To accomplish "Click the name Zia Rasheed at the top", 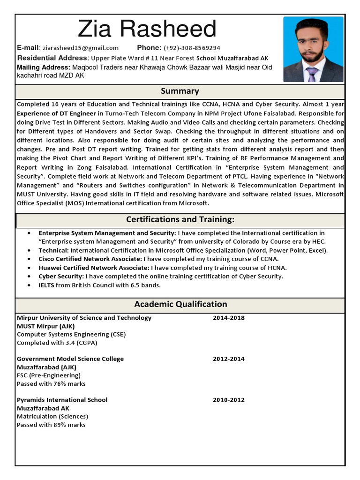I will pyautogui.click(x=147, y=29).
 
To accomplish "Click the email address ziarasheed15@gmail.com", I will pyautogui.click(x=80, y=48).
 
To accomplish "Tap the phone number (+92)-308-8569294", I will pyautogui.click(x=192, y=48).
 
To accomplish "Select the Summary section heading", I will pyautogui.click(x=180, y=91).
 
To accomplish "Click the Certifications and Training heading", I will pyautogui.click(x=180, y=219).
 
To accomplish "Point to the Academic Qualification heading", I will pyautogui.click(x=180, y=304).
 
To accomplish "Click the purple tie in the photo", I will pyautogui.click(x=312, y=75).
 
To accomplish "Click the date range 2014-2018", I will pyautogui.click(x=229, y=318).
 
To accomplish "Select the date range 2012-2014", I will pyautogui.click(x=229, y=359).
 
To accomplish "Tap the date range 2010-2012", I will pyautogui.click(x=229, y=400).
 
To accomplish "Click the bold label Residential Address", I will pyautogui.click(x=52, y=58).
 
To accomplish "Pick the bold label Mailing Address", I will pyautogui.click(x=44, y=67).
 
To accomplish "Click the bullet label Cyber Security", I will pyautogui.click(x=61, y=277).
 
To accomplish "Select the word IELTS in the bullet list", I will pyautogui.click(x=46, y=285).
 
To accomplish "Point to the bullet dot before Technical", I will pyautogui.click(x=30, y=251).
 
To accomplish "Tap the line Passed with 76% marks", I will pyautogui.click(x=51, y=384).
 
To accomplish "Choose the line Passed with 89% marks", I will pyautogui.click(x=51, y=425).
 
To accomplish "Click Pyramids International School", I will pyautogui.click(x=62, y=400).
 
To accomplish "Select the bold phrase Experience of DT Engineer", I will pyautogui.click(x=56, y=113).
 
